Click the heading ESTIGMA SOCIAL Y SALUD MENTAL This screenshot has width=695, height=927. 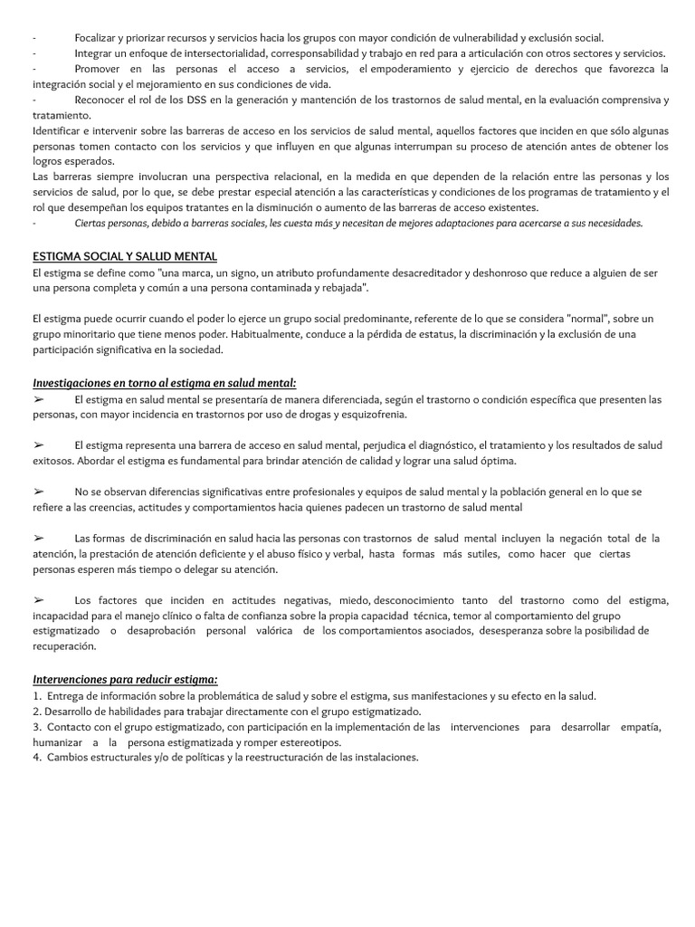coord(124,257)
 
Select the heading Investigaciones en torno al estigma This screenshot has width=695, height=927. coord(164,383)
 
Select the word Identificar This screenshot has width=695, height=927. coord(57,130)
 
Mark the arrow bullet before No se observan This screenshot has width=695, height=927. coord(39,492)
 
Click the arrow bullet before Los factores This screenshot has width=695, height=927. coord(39,600)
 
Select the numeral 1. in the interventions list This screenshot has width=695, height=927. coord(36,696)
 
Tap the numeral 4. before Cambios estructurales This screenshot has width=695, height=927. coord(36,758)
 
